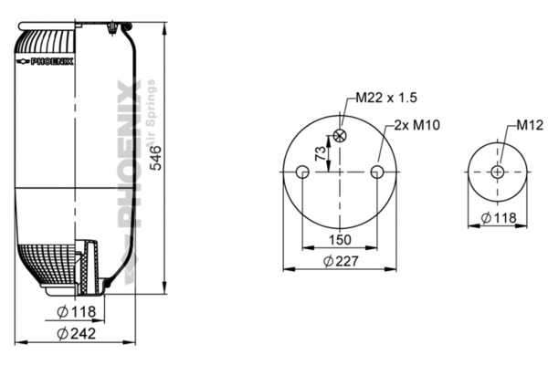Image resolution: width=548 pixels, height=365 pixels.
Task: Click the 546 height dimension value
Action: pyautogui.click(x=156, y=158)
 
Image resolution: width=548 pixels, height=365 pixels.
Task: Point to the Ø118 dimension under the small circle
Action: pyautogui.click(x=498, y=217)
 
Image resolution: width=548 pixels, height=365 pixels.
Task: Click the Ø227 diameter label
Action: pyautogui.click(x=340, y=261)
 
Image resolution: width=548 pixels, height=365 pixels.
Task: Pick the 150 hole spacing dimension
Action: pyautogui.click(x=340, y=239)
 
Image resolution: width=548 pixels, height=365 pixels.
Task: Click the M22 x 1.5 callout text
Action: pyautogui.click(x=385, y=98)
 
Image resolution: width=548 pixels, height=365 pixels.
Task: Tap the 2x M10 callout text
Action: pyautogui.click(x=419, y=125)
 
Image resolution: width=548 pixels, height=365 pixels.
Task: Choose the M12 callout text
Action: pyautogui.click(x=530, y=125)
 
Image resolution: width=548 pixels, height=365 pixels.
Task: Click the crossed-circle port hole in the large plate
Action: pyautogui.click(x=341, y=135)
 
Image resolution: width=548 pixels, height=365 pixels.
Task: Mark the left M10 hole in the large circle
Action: pyautogui.click(x=302, y=172)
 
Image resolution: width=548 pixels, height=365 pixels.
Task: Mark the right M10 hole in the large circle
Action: pyautogui.click(x=378, y=172)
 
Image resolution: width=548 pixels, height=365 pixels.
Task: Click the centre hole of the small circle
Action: pyautogui.click(x=498, y=172)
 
